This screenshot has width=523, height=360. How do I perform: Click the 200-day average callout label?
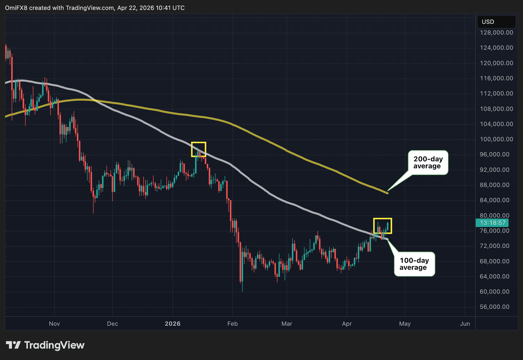428,162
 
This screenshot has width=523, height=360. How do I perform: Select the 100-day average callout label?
414,264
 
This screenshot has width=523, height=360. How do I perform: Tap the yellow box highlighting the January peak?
198,149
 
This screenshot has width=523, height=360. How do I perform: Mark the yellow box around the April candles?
382,226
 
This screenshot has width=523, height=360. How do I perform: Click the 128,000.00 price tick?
496,32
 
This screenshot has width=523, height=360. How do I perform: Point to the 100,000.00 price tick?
496,139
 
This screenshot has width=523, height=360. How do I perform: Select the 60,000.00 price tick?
494,291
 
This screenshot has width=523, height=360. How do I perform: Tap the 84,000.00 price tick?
494,200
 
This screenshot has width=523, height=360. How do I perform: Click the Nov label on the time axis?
54,324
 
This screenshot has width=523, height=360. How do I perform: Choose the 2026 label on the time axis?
173,324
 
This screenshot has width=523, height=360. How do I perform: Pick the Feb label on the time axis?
232,324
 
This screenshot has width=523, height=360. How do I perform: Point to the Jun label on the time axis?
465,324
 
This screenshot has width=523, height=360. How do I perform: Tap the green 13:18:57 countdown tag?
492,223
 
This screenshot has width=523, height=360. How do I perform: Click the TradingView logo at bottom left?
45,345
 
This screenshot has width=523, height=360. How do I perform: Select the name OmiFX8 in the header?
16,8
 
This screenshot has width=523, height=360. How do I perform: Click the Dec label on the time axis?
112,324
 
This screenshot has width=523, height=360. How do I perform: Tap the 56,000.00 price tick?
494,307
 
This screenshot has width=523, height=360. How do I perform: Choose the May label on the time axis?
405,324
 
